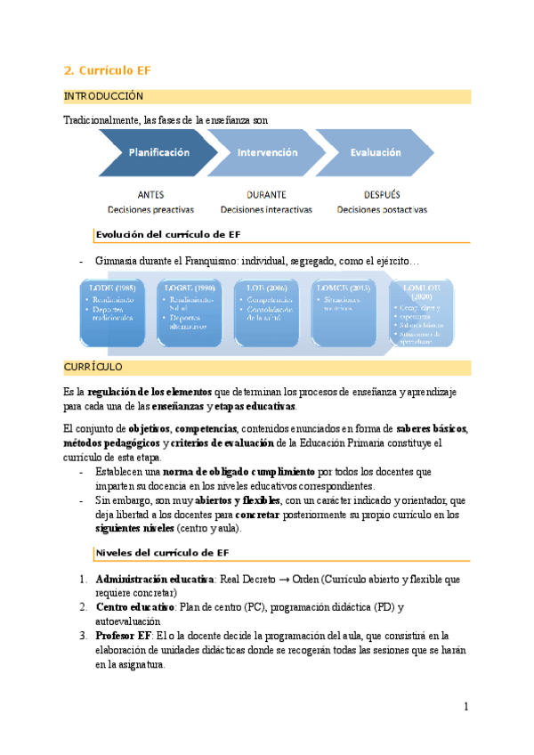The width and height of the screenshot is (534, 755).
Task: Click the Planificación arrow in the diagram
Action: [x=158, y=153]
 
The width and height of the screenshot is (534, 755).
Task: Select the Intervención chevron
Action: [x=265, y=153]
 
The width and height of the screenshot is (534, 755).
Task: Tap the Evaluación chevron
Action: [x=374, y=153]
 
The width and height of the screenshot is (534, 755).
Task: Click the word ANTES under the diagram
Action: [x=150, y=194]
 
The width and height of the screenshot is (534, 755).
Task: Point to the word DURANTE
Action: [x=265, y=194]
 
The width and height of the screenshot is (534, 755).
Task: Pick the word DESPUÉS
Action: [x=381, y=194]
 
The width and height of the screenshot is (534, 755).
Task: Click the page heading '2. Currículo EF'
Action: [x=101, y=70]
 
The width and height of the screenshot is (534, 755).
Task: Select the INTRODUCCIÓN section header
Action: [x=103, y=96]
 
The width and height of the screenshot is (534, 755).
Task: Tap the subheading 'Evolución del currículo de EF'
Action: [x=169, y=234]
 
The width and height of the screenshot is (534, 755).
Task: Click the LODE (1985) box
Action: [x=112, y=312]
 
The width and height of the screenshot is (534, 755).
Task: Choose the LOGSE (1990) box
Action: [x=190, y=312]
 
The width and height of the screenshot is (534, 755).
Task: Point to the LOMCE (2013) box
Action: [x=345, y=312]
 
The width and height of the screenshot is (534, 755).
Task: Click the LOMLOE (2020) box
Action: [x=422, y=312]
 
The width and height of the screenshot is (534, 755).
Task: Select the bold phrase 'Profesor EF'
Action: [x=123, y=636]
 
